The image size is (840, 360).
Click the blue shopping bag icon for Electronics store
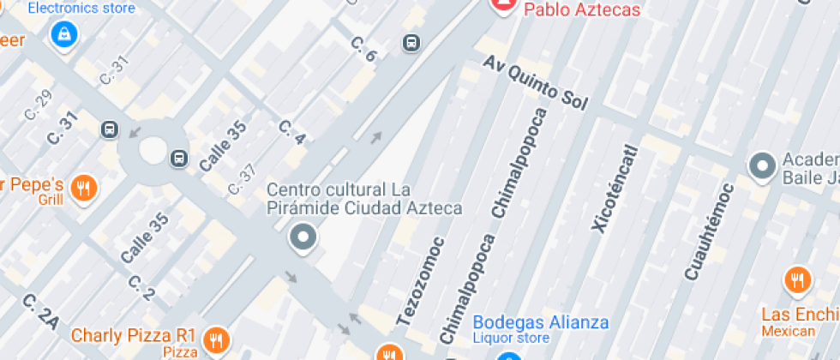pyautogui.click(x=63, y=34)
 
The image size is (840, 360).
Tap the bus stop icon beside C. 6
pyautogui.click(x=412, y=43)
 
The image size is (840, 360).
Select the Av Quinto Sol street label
pyautogui.click(x=535, y=83)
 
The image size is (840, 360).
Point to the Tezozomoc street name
pyautogui.click(x=421, y=281)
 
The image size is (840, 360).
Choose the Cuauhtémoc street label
pyautogui.click(x=709, y=231)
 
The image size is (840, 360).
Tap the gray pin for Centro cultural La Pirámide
pyautogui.click(x=302, y=237)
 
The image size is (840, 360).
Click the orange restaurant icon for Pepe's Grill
pyautogui.click(x=83, y=187)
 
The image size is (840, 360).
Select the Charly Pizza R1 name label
pyautogui.click(x=134, y=334)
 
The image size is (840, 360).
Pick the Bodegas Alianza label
pyautogui.click(x=541, y=322)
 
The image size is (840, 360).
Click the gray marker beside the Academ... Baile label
pyautogui.click(x=761, y=166)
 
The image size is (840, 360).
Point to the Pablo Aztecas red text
pyautogui.click(x=570, y=10)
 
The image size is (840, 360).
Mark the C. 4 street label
pyautogui.click(x=291, y=132)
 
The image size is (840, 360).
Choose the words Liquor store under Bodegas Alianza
pyautogui.click(x=512, y=339)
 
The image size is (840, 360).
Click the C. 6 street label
pyautogui.click(x=363, y=49)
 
